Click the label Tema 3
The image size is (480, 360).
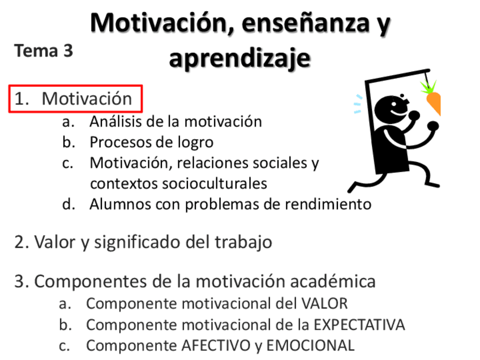pyautogui.click(x=44, y=51)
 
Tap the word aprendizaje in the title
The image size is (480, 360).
pyautogui.click(x=240, y=58)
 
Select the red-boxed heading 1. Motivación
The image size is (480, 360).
pyautogui.click(x=75, y=99)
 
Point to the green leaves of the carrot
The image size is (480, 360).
pyautogui.click(x=429, y=86)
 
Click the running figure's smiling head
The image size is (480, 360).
pyautogui.click(x=392, y=109)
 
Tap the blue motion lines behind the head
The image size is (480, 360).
pyautogui.click(x=357, y=104)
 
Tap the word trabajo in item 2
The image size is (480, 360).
pyautogui.click(x=243, y=243)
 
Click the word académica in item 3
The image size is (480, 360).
pyautogui.click(x=332, y=281)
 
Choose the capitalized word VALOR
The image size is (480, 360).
pyautogui.click(x=324, y=303)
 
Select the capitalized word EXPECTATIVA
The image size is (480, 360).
pyautogui.click(x=359, y=325)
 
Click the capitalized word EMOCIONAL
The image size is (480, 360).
pyautogui.click(x=310, y=346)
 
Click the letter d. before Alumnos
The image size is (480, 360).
pyautogui.click(x=68, y=204)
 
